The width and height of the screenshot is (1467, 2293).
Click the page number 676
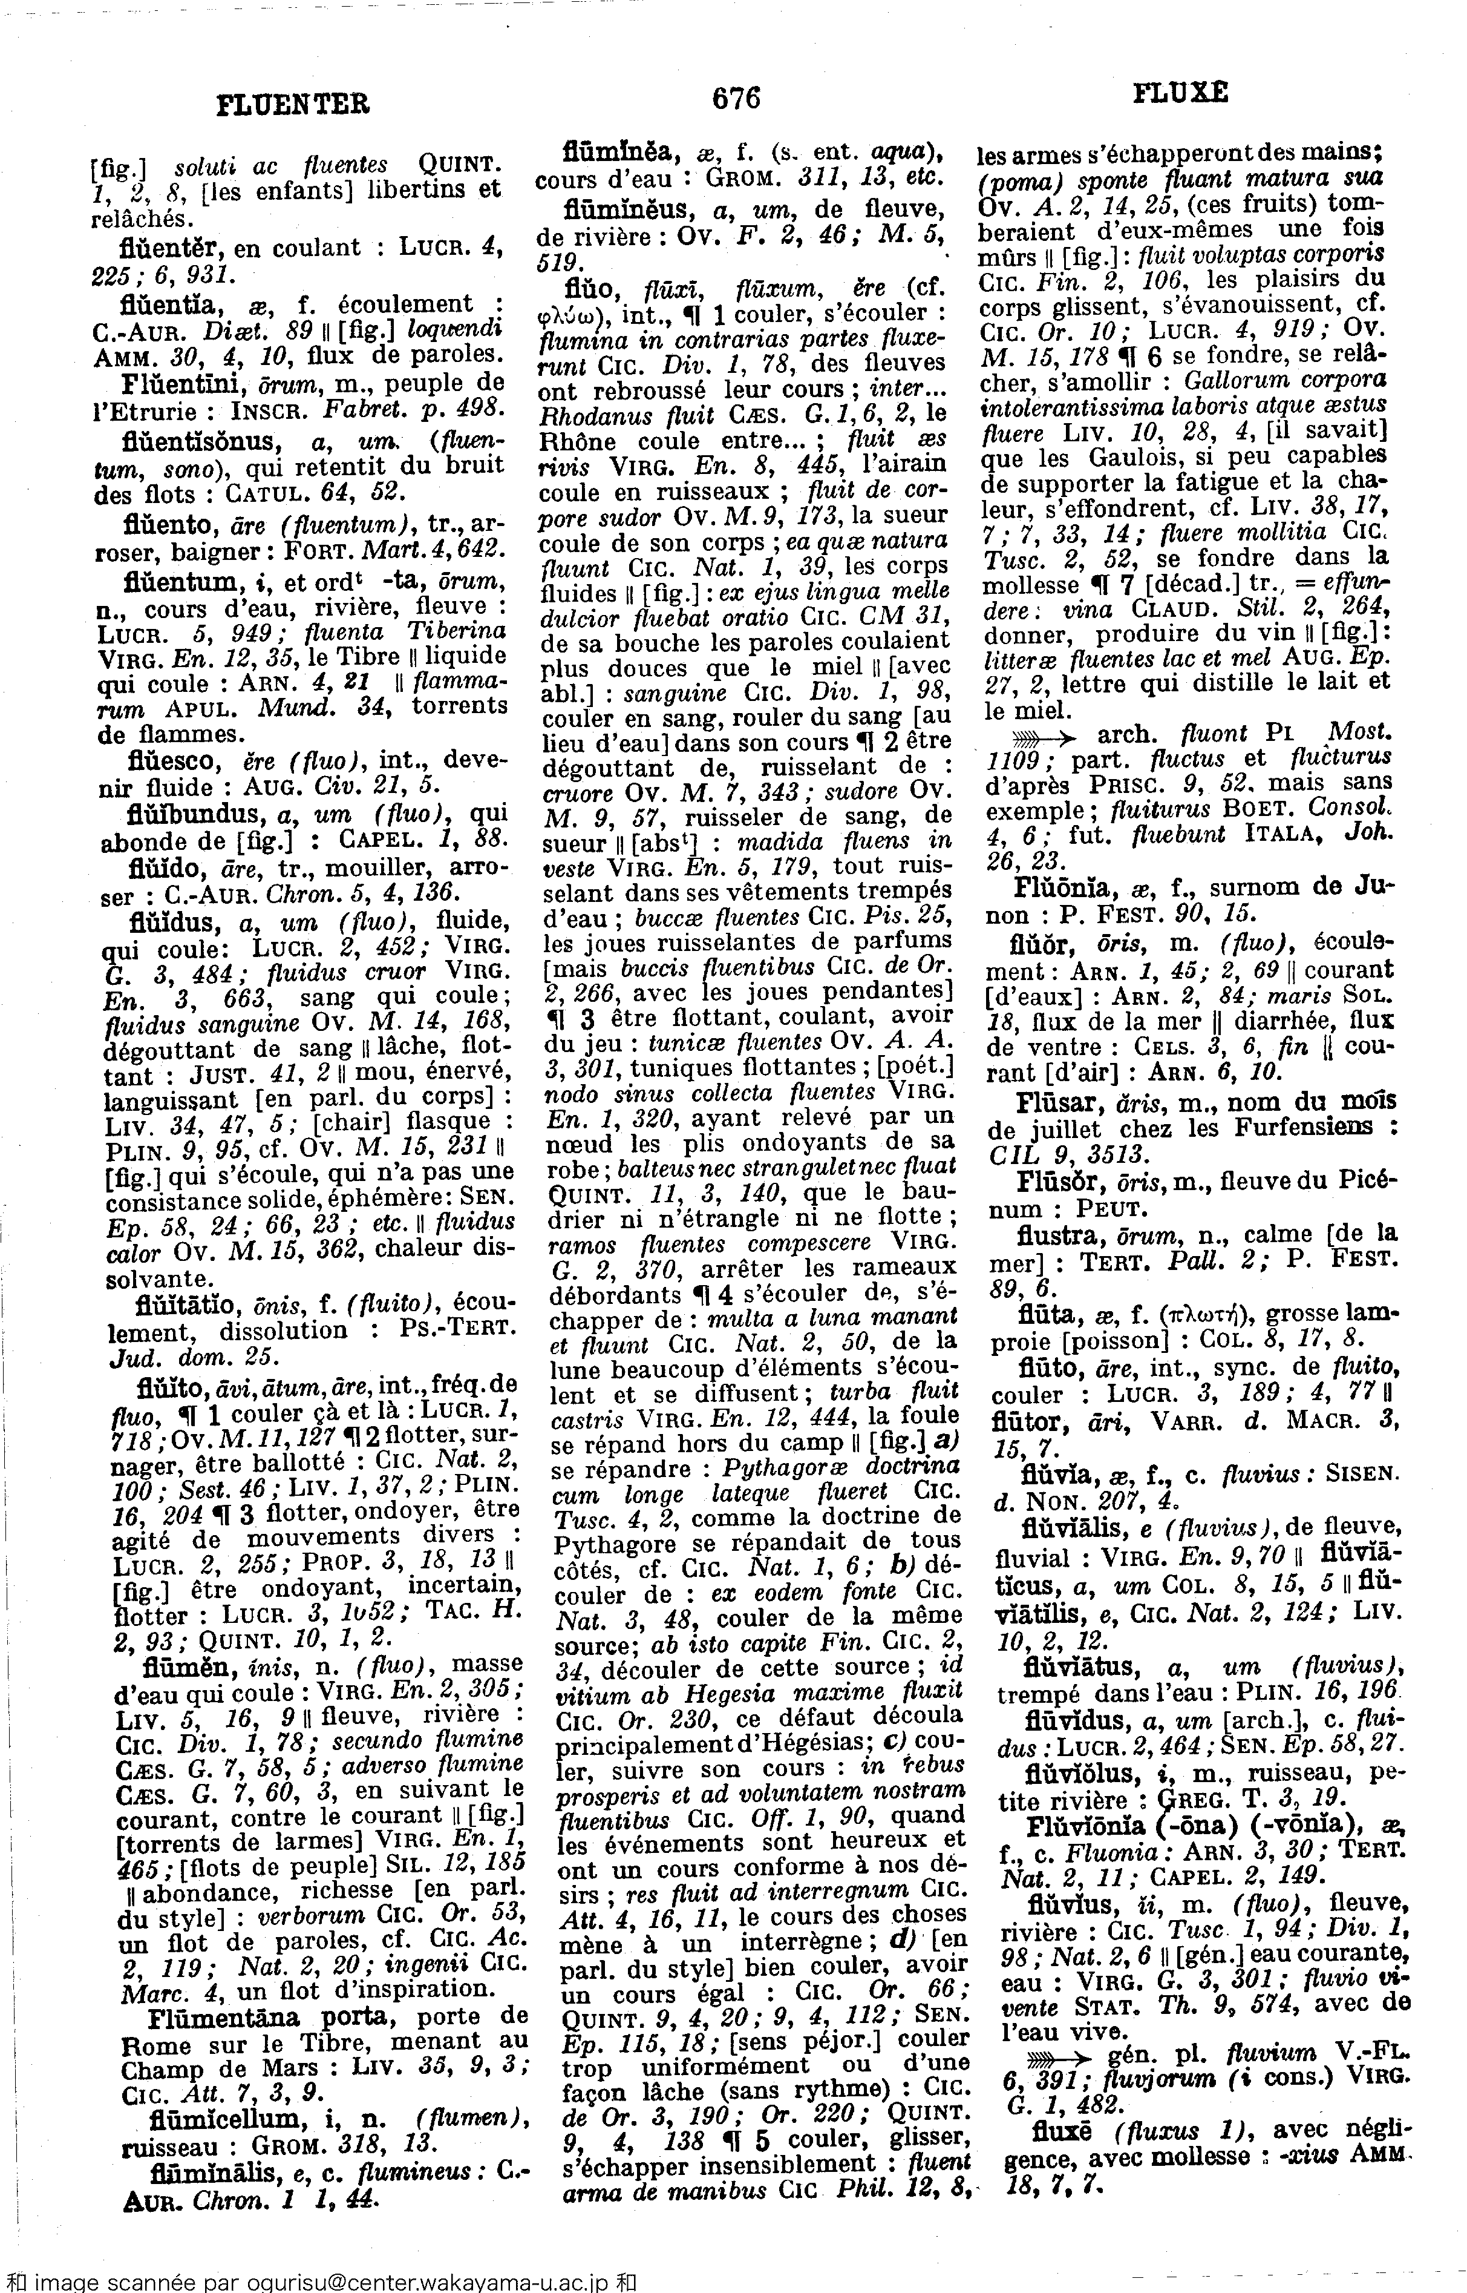tap(736, 97)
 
